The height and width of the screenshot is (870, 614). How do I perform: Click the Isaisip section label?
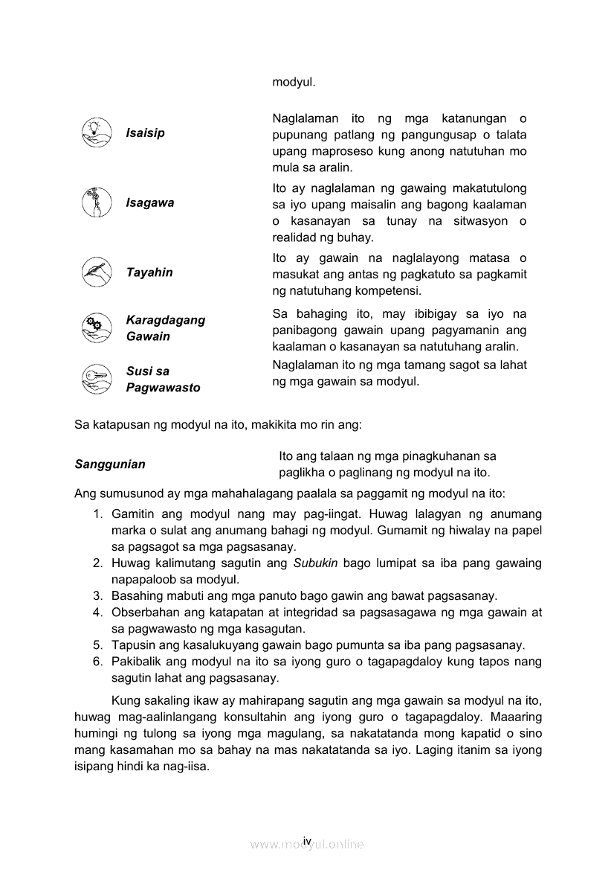[146, 133]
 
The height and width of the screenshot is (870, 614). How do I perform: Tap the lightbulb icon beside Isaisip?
[96, 132]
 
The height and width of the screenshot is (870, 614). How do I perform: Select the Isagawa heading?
[150, 203]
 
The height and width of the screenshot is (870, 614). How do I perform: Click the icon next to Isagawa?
[96, 202]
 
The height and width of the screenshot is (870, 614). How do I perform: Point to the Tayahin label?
[149, 272]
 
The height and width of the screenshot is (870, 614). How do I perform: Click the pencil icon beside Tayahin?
[96, 272]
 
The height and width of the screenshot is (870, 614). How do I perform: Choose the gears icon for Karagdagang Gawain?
[96, 327]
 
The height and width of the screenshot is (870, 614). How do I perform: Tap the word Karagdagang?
[166, 320]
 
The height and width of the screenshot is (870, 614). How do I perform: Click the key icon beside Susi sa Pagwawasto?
[96, 379]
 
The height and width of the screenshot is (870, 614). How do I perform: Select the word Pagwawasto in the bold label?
[163, 388]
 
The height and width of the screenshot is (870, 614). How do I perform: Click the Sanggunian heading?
[110, 464]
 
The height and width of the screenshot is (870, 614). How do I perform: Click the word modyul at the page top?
[294, 82]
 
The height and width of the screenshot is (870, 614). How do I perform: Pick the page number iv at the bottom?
[306, 840]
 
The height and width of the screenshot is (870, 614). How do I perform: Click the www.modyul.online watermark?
[306, 845]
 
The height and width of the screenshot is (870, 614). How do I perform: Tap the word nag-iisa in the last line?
[186, 767]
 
